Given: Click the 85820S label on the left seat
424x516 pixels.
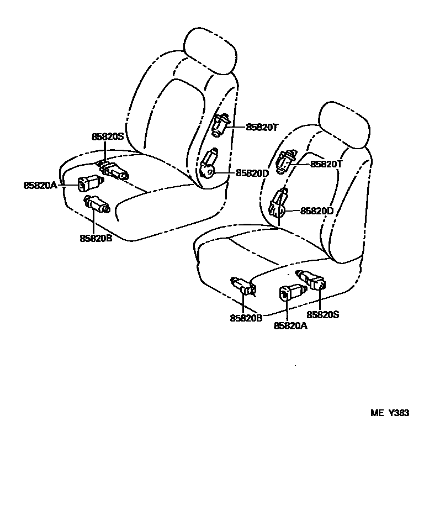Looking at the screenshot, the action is click(x=108, y=136).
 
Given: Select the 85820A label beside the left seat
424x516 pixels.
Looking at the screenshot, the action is click(x=40, y=186).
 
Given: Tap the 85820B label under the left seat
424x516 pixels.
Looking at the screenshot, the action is click(x=96, y=239).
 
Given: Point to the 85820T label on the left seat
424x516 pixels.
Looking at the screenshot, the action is click(x=262, y=127).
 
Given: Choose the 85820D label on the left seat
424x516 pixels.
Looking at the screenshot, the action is click(x=252, y=173).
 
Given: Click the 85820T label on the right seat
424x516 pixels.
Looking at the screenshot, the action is click(x=327, y=164).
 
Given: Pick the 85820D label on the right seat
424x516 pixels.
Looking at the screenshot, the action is click(x=317, y=210).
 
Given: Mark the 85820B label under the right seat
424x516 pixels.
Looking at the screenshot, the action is click(x=246, y=318).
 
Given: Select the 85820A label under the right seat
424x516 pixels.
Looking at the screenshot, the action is click(x=290, y=326).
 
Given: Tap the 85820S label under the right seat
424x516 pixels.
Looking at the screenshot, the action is click(x=324, y=314).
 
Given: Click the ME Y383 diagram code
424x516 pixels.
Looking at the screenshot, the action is click(x=390, y=413).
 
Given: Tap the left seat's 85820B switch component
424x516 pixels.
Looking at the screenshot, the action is click(x=97, y=205).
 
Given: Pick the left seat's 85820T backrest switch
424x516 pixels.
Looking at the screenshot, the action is click(x=221, y=125).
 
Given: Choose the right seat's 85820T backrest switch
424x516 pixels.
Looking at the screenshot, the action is click(x=288, y=161).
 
